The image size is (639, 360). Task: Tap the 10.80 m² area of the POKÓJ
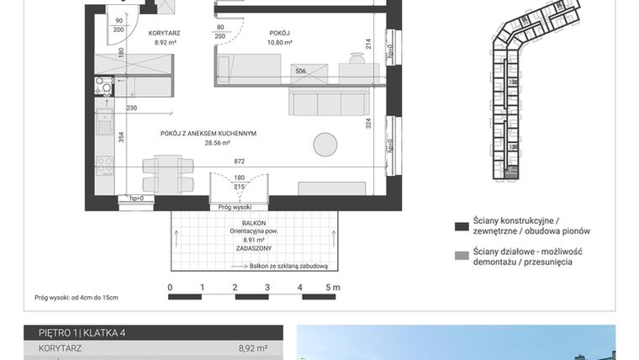click(x=279, y=42)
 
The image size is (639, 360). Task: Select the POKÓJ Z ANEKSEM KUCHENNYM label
click(x=209, y=133)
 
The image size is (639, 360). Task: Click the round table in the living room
click(x=325, y=144)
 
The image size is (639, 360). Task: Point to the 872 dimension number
click(x=240, y=160)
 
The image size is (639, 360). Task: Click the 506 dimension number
click(x=300, y=71)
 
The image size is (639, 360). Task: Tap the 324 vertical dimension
click(x=369, y=123)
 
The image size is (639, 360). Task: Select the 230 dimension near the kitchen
click(x=131, y=107)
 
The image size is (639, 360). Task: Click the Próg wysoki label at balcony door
click(x=235, y=206)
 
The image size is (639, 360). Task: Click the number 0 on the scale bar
click(x=170, y=288)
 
